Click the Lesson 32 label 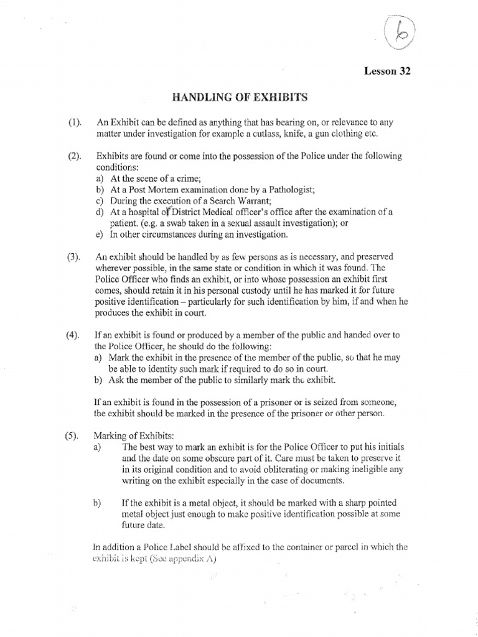coord(388,71)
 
